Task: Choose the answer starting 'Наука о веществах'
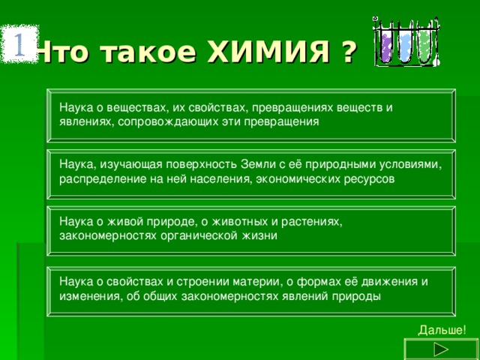250,115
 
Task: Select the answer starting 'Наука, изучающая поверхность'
250,172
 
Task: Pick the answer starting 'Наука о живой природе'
250,229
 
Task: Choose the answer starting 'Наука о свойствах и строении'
250,289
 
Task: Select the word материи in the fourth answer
253,281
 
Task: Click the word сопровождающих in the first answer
158,121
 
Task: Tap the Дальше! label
442,330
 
